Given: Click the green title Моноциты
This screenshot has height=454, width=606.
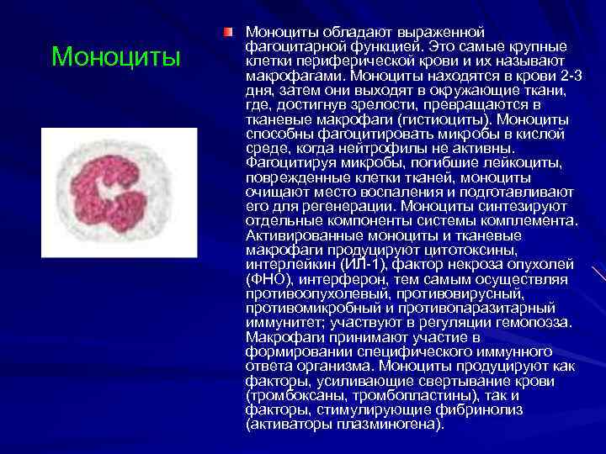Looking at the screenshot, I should (115, 57).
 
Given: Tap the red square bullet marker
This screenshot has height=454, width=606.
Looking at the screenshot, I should (228, 32).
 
